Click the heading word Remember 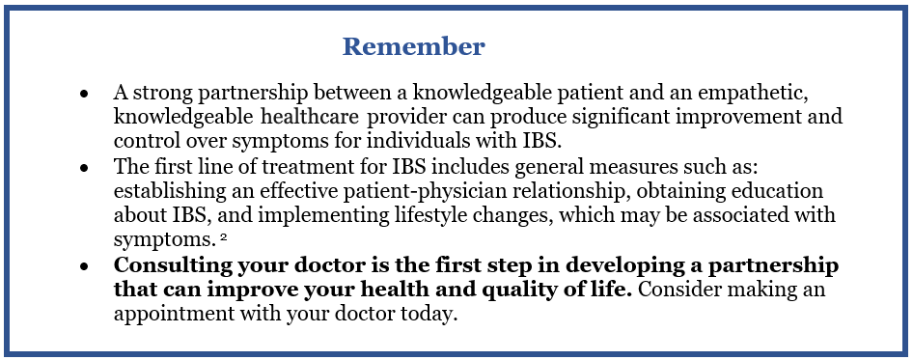(413, 46)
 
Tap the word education (763, 192)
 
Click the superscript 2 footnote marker (223, 235)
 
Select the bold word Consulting (174, 265)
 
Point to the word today (433, 315)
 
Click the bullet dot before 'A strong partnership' (84, 94)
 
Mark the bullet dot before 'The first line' (84, 168)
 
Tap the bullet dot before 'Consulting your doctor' (84, 266)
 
